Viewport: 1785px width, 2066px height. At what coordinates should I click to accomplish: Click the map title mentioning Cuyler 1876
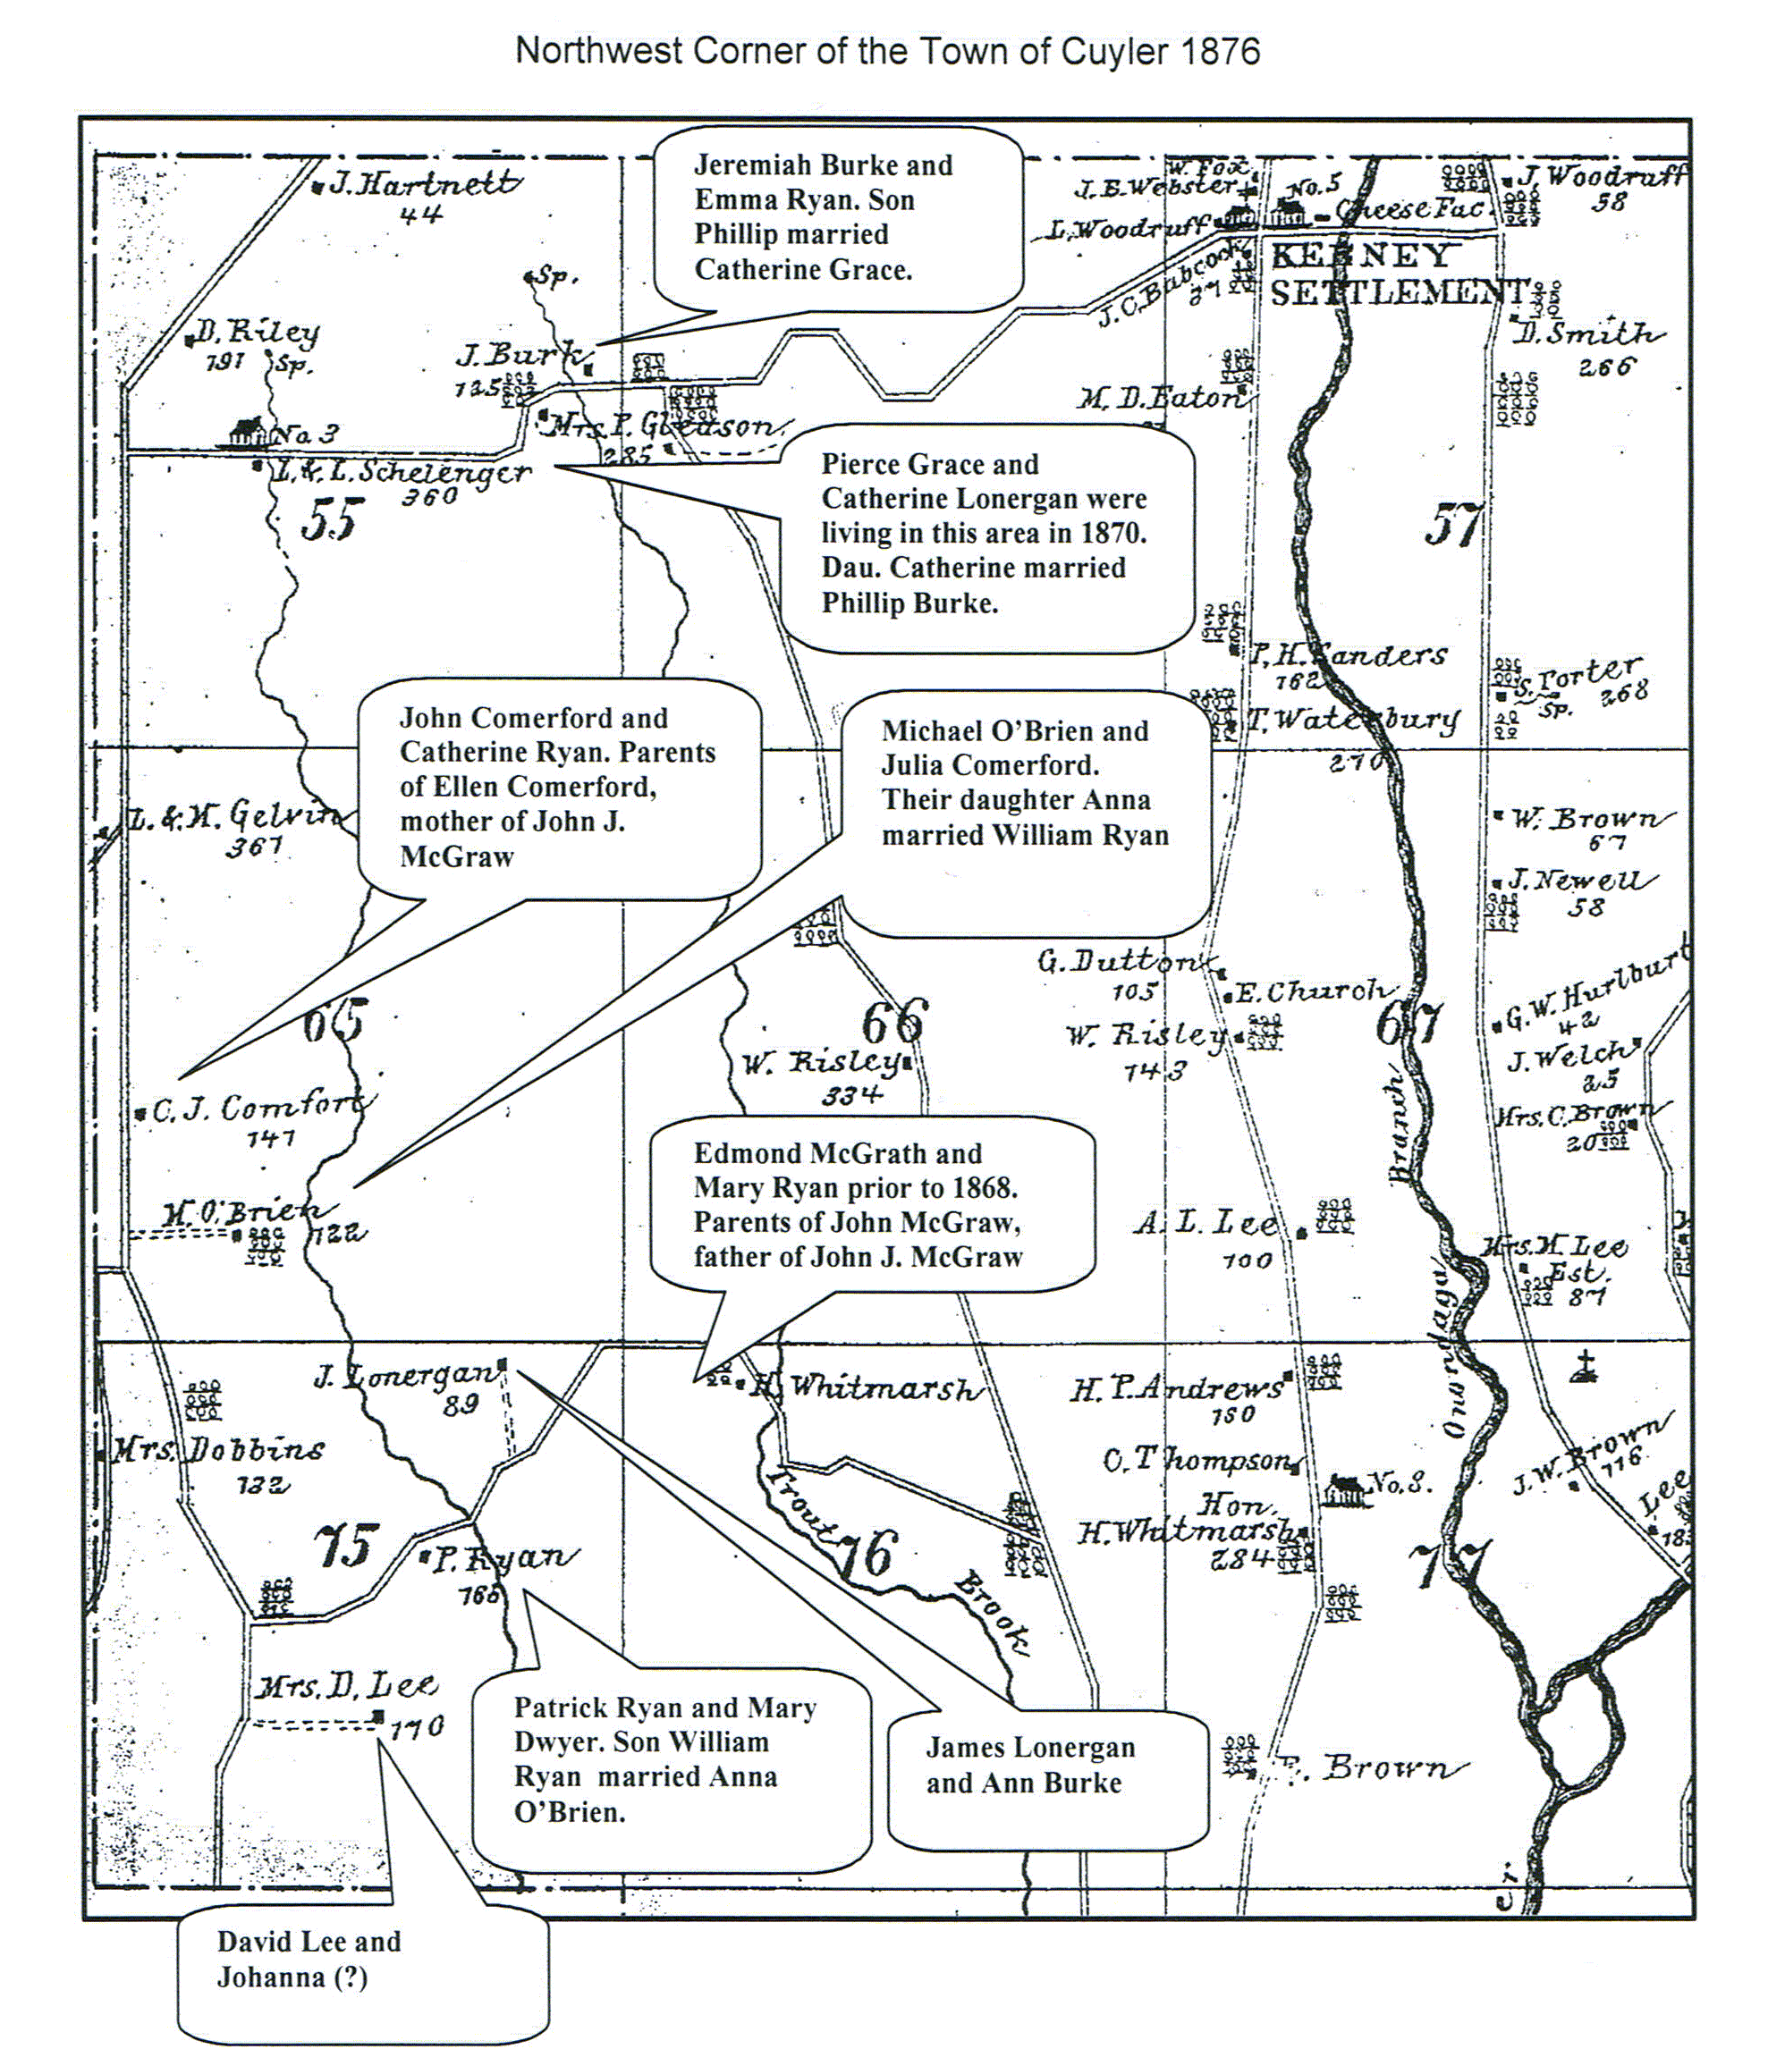[886, 51]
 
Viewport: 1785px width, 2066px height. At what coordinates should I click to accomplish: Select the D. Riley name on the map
[258, 333]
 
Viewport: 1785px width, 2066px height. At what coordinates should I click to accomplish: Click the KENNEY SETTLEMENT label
[1396, 274]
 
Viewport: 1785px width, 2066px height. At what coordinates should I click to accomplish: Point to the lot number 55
[332, 519]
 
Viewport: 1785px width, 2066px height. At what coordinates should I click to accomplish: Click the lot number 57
[1453, 526]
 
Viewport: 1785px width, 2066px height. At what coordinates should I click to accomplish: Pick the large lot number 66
[894, 1021]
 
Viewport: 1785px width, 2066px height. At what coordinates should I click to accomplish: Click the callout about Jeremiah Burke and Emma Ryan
[838, 217]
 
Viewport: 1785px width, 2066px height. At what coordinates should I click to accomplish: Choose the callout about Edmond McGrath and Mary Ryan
[872, 1204]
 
